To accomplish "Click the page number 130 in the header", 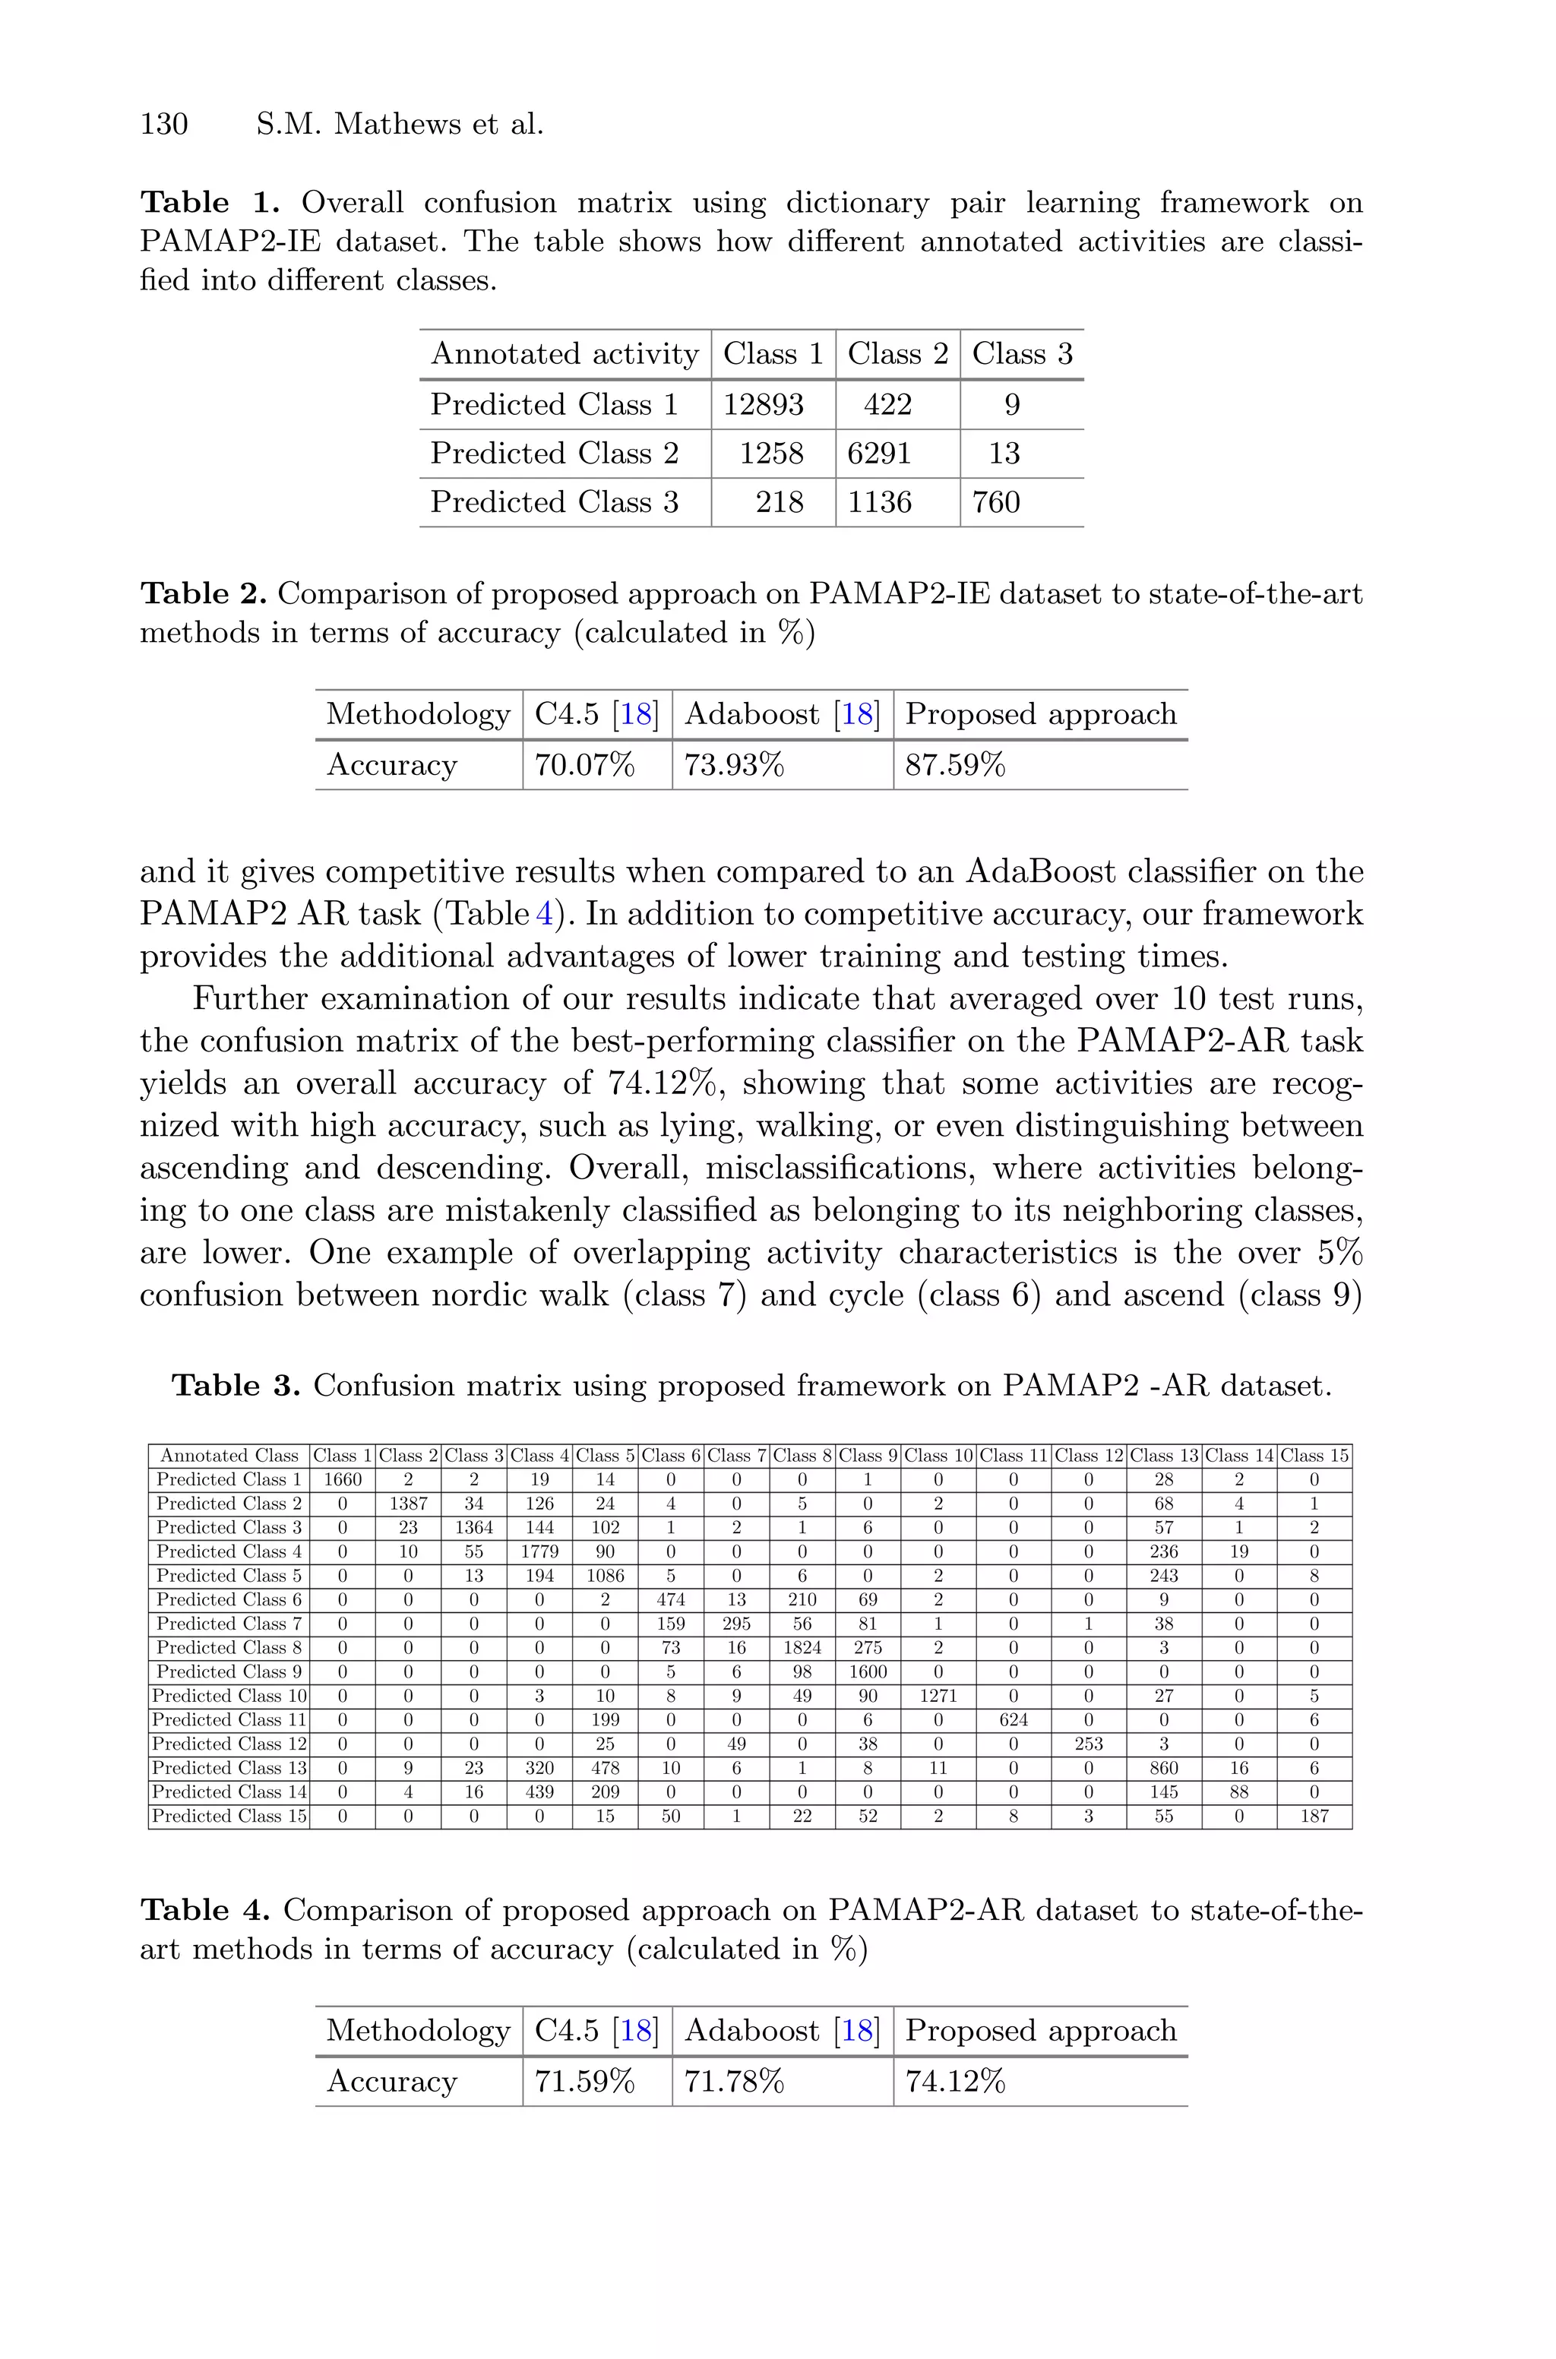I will [x=164, y=124].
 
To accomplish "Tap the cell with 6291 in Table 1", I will [x=878, y=454].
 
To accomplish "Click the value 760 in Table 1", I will [x=995, y=502].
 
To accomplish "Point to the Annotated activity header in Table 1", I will [x=565, y=354].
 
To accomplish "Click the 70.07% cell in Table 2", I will [x=583, y=766].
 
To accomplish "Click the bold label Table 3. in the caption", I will [x=236, y=1386].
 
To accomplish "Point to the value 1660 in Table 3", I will [x=343, y=1480].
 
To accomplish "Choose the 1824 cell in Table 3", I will [x=802, y=1648].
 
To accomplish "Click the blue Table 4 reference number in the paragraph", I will [x=544, y=915].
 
